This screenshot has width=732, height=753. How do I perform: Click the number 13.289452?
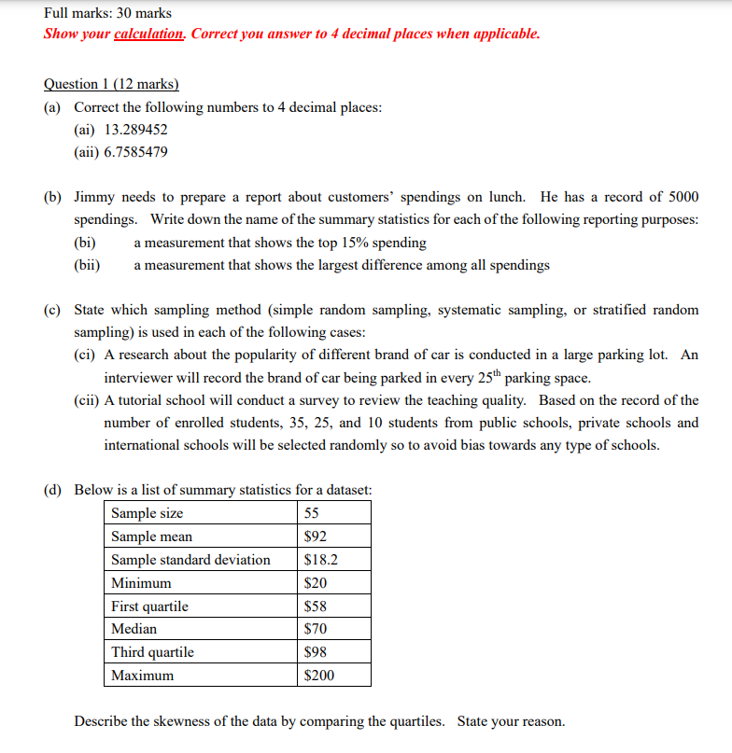tap(136, 130)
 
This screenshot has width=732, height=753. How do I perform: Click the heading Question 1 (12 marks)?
tap(111, 84)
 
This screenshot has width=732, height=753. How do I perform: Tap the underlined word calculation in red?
tap(148, 34)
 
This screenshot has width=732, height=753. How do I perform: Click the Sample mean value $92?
tap(316, 537)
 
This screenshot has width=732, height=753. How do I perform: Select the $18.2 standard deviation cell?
tap(321, 560)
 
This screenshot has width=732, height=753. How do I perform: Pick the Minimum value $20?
tap(316, 583)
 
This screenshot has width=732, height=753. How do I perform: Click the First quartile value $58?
tap(316, 607)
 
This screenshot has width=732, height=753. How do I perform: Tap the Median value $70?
tap(316, 629)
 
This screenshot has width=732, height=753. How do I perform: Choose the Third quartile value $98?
tap(316, 652)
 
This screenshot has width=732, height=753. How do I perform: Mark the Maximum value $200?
tap(319, 676)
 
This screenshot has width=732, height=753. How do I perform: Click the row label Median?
tap(134, 629)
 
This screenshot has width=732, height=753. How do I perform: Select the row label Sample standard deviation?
tap(190, 560)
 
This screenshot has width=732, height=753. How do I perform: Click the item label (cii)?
tap(88, 400)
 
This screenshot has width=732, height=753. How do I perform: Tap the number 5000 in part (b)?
tap(681, 197)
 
